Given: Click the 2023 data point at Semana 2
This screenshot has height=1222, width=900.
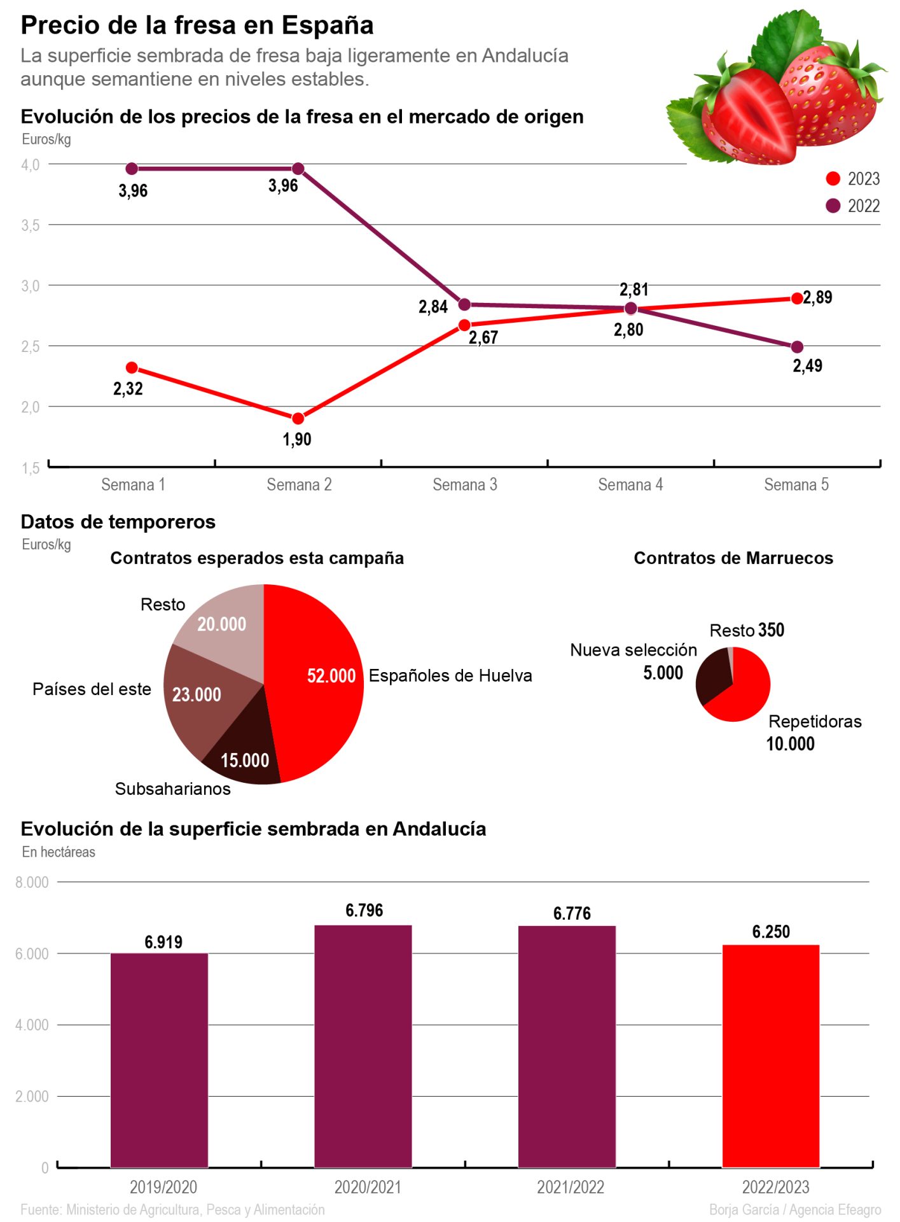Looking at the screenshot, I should (298, 418).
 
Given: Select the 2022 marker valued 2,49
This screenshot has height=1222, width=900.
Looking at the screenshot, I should (796, 347).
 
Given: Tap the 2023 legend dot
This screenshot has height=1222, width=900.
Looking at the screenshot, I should (833, 179).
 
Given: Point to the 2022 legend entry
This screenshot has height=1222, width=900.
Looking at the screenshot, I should (853, 206).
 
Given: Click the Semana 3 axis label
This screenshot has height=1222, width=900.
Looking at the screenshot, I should (464, 485).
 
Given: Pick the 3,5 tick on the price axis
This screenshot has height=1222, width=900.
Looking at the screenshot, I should (31, 225).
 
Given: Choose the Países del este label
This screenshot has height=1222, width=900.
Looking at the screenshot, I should (92, 689).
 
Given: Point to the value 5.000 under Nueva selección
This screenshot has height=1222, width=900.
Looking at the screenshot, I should (663, 673).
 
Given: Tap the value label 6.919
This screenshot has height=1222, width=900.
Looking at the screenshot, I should (163, 942).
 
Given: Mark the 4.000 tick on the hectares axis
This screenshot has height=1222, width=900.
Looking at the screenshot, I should (32, 1025).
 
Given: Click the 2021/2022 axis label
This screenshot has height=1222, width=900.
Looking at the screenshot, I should (571, 1187).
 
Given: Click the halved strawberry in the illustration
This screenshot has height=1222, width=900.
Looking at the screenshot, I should (751, 118).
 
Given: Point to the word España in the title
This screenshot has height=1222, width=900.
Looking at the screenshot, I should (328, 25).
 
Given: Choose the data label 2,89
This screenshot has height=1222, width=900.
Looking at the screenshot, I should (817, 297).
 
